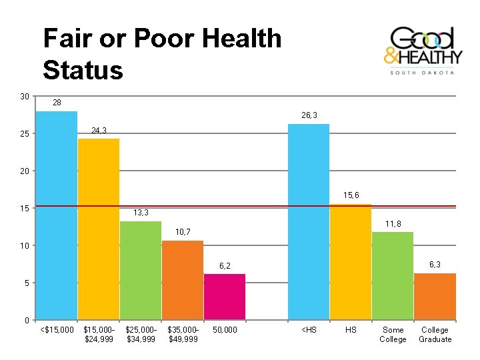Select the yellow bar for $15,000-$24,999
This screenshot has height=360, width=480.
[x=99, y=229]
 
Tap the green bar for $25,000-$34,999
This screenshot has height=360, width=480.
[x=141, y=271]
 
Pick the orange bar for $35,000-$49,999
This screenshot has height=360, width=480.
[x=183, y=280]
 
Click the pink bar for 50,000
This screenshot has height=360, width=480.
[x=225, y=297]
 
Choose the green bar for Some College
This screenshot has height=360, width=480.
[x=393, y=276]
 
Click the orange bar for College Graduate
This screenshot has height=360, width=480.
[x=435, y=297]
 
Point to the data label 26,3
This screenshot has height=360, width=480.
[x=309, y=115]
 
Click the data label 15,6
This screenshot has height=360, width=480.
[x=351, y=195]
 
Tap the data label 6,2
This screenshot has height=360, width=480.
[x=225, y=266]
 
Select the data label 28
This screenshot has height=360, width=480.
[x=57, y=103]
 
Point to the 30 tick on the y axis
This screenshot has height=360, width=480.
[x=25, y=97]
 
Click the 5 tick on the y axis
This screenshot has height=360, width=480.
[x=27, y=283]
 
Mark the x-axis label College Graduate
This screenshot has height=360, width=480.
[x=435, y=335]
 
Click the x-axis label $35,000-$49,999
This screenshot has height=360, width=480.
[x=183, y=335]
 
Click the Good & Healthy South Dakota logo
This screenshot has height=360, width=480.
[x=421, y=51]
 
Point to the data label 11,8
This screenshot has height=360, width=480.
[x=393, y=224]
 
